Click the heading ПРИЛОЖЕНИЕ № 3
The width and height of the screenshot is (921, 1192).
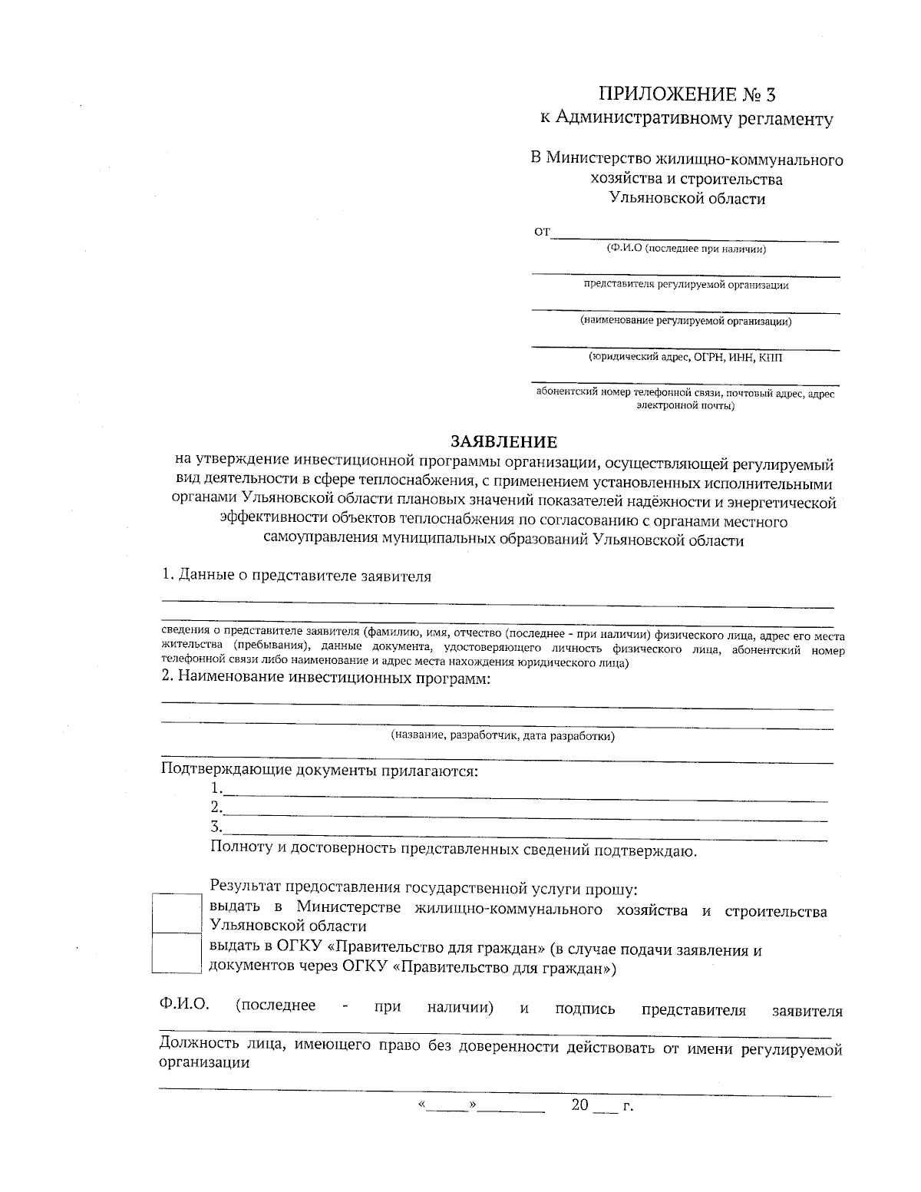[687, 94]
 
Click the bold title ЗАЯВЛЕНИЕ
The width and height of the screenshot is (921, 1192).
[503, 443]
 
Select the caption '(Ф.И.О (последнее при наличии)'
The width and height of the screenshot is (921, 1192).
[685, 249]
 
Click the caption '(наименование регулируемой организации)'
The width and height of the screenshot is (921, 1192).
[685, 321]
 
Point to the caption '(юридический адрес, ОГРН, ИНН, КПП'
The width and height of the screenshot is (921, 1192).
[685, 357]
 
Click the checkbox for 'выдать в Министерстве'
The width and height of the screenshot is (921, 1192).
[177, 912]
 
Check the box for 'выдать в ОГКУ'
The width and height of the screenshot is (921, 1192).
[177, 953]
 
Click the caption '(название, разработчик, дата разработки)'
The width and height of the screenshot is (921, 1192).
[503, 736]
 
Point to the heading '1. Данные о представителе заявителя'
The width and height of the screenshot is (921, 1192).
[296, 576]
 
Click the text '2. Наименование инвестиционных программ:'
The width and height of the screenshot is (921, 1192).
[325, 678]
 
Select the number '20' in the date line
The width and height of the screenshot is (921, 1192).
[579, 1105]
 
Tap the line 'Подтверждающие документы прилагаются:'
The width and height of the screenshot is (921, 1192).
[319, 771]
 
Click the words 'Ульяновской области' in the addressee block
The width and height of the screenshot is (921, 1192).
[687, 199]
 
